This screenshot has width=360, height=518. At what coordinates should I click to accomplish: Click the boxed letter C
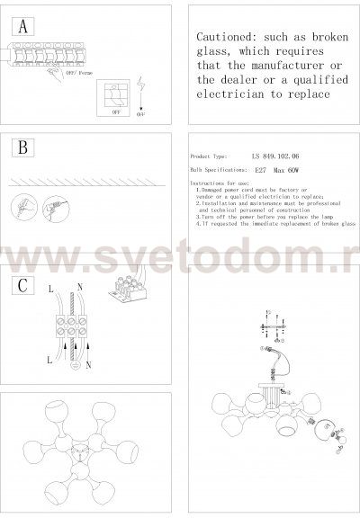pyautogui.click(x=24, y=287)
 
